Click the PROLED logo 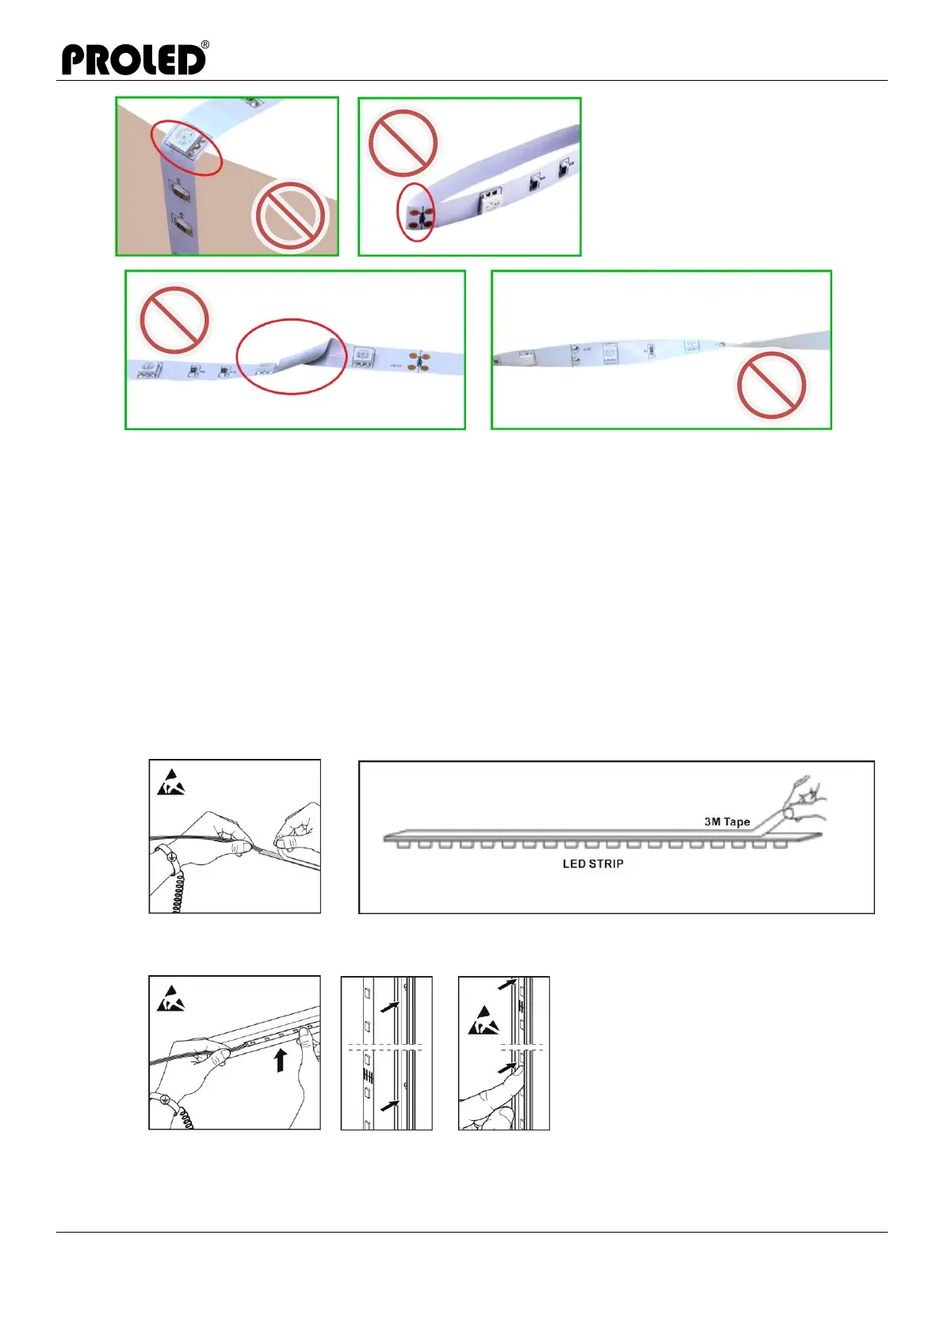tap(133, 60)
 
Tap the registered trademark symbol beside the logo tap(205, 45)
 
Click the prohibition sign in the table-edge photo tap(289, 215)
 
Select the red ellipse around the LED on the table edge tap(186, 147)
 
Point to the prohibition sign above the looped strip tap(403, 143)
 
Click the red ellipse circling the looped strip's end tap(415, 212)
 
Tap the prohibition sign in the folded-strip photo tap(174, 320)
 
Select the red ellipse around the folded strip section tap(292, 356)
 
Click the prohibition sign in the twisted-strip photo tap(771, 385)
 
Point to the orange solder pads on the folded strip tap(419, 361)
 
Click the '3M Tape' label tap(727, 821)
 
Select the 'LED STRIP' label tap(593, 863)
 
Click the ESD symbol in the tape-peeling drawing tap(171, 782)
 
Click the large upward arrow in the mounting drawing tap(280, 1060)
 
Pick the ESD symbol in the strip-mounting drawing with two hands tap(171, 999)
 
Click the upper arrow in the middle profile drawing tap(388, 1007)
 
